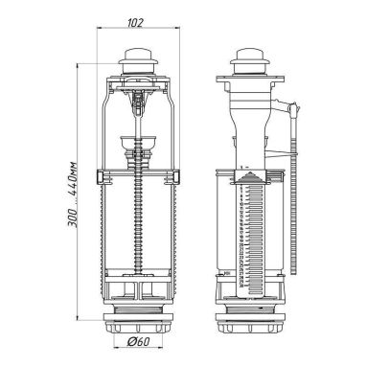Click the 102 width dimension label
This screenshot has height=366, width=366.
(x=136, y=23)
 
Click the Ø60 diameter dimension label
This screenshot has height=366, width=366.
(x=138, y=341)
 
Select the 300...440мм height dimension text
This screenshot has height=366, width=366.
(x=73, y=194)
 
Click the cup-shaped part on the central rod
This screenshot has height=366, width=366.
(x=138, y=141)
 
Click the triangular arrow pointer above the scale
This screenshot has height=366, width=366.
(x=250, y=177)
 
